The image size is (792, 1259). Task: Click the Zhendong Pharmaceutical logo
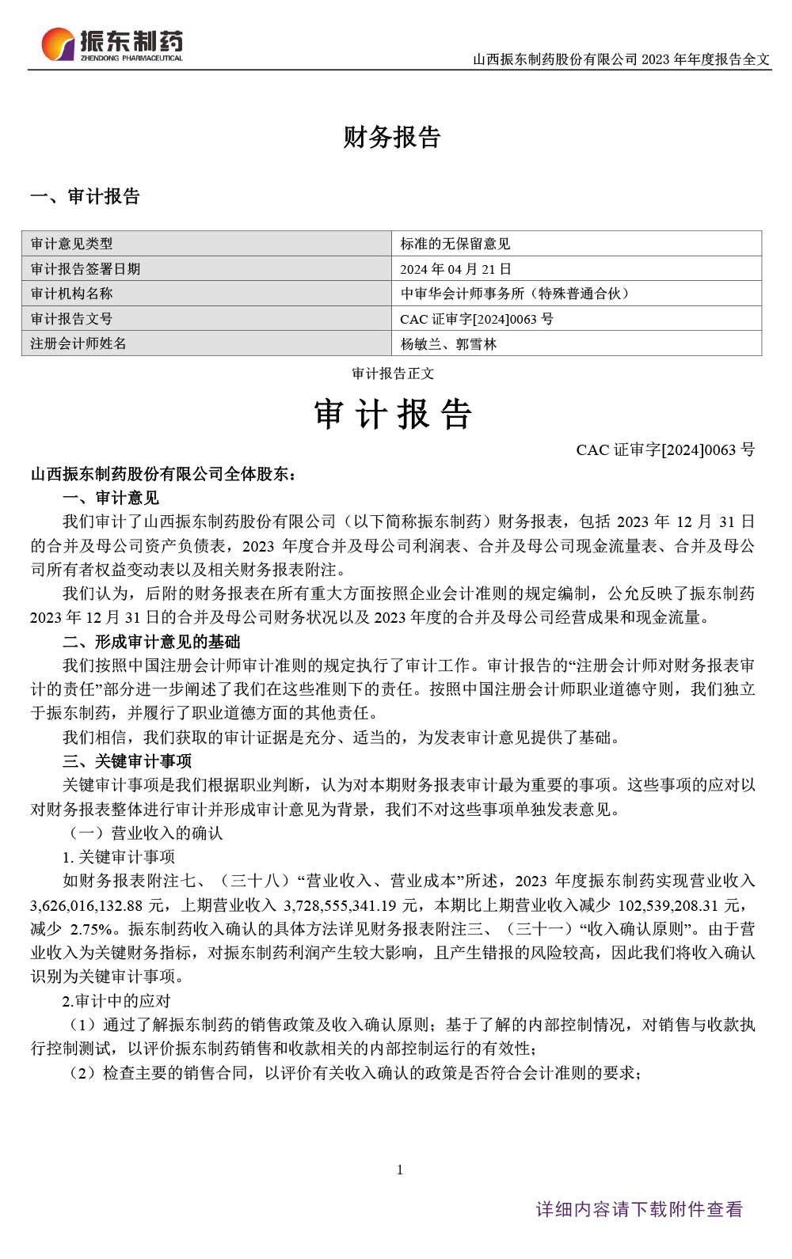(x=112, y=45)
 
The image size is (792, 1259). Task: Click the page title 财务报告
(x=392, y=138)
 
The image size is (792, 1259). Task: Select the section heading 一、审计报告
(x=85, y=196)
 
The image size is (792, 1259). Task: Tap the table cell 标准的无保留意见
(x=455, y=244)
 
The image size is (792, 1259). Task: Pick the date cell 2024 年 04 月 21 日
(x=455, y=269)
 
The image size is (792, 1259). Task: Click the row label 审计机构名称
(x=71, y=294)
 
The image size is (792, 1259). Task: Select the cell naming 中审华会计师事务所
(x=515, y=294)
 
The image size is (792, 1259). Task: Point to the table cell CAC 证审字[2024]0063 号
(x=477, y=319)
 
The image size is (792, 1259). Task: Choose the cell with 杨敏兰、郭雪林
(x=448, y=344)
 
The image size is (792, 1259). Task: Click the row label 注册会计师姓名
(x=78, y=343)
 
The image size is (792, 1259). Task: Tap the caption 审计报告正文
(x=393, y=374)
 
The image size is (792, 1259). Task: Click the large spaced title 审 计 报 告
(x=393, y=415)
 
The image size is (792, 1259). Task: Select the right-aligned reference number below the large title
(x=665, y=450)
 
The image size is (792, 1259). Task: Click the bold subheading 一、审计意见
(x=111, y=498)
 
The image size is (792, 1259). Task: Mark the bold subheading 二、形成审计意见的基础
(x=151, y=642)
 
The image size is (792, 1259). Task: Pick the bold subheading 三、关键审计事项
(x=128, y=761)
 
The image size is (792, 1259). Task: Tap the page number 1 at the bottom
(x=400, y=1170)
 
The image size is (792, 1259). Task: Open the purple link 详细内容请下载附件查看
(x=639, y=1209)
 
